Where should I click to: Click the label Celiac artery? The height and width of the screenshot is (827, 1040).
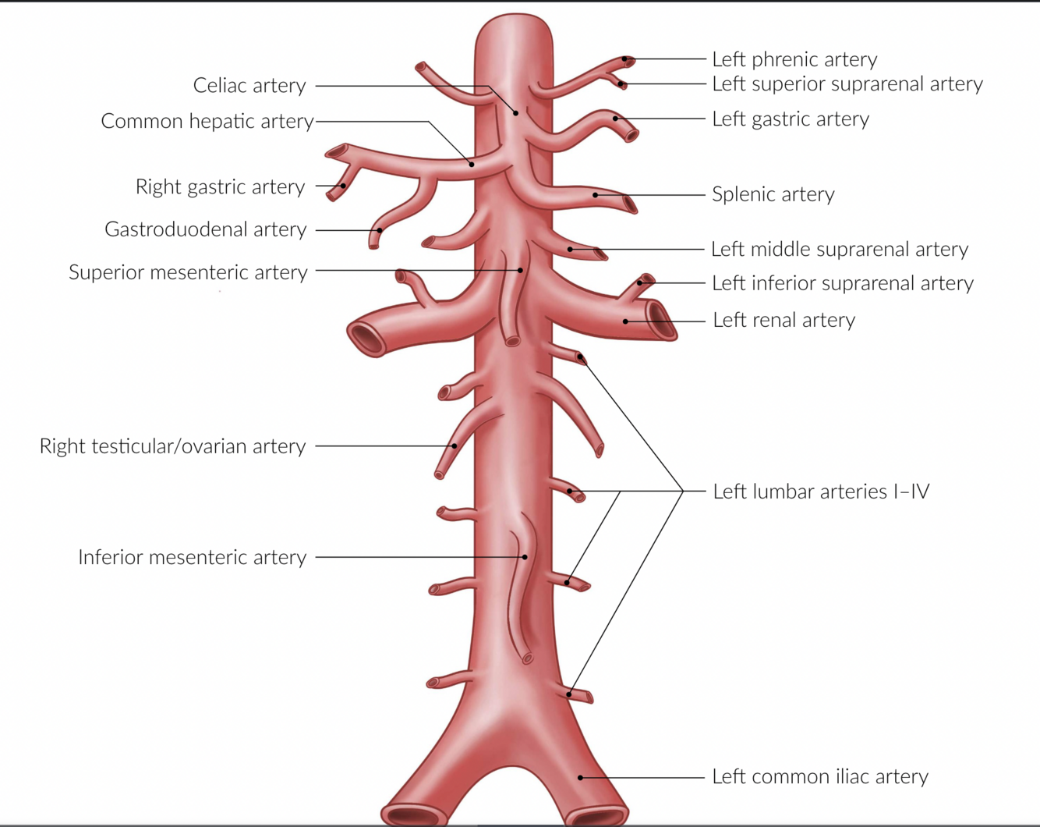tap(249, 85)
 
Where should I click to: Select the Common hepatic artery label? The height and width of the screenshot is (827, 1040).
tap(207, 121)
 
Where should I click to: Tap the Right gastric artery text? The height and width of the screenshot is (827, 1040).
tap(220, 186)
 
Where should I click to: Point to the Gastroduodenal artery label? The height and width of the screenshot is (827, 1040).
tap(206, 229)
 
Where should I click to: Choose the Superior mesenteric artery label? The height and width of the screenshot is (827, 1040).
tap(188, 272)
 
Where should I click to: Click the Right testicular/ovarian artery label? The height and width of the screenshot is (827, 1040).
tap(172, 446)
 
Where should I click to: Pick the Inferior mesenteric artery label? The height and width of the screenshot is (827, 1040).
tap(192, 557)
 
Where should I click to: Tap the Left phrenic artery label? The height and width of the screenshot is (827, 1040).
tap(794, 59)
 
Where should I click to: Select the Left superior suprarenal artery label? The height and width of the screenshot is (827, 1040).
tap(847, 83)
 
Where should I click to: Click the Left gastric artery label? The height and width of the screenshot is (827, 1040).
tap(791, 119)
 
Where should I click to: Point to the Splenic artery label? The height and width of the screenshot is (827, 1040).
tap(773, 194)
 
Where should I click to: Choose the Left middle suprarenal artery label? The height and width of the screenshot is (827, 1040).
tap(840, 249)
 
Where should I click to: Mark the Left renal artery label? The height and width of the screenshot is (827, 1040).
tap(784, 320)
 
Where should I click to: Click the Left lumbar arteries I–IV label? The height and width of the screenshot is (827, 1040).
tap(821, 492)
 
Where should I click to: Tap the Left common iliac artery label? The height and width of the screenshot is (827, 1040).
tap(820, 776)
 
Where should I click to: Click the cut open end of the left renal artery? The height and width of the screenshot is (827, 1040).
tap(660, 320)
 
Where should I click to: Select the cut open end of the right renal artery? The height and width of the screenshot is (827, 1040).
tap(365, 338)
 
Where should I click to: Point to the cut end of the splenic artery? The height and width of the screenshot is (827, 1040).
tap(630, 204)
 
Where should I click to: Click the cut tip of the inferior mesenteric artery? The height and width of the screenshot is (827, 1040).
tap(528, 659)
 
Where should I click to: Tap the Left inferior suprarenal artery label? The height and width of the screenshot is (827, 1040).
tap(843, 283)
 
